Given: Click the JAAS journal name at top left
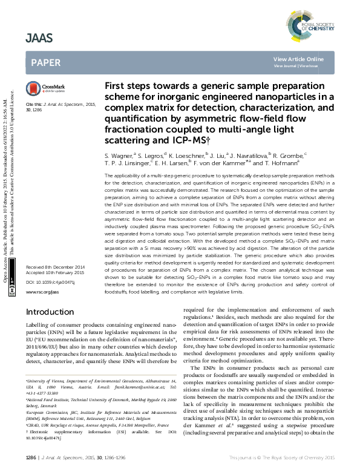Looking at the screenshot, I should (39, 38).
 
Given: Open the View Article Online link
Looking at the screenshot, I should (298, 59).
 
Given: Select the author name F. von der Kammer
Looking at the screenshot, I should (220, 163).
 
